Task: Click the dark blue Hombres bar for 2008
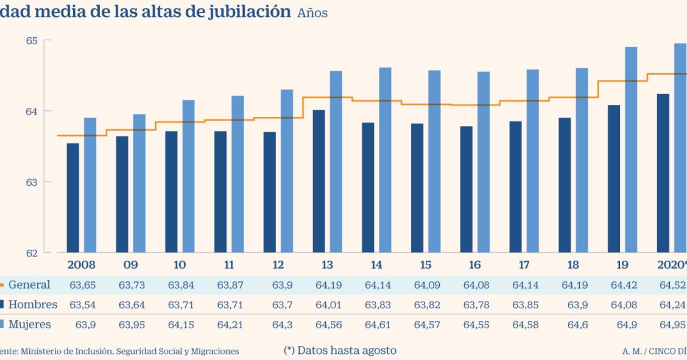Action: coord(73,198)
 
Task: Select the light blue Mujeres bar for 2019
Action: coord(631,149)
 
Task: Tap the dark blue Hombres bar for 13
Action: coord(319,181)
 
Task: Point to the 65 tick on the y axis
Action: coord(32,41)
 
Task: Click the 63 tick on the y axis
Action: coord(32,182)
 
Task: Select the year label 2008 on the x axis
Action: coord(82,265)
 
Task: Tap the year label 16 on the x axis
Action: coord(475,265)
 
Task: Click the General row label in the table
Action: coord(29,285)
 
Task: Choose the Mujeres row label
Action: coord(29,325)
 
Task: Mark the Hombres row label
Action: coord(32,305)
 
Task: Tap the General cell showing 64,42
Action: coord(622,285)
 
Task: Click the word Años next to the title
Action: coord(312,13)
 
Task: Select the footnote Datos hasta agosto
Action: coord(340,350)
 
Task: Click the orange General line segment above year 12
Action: coord(278,118)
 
